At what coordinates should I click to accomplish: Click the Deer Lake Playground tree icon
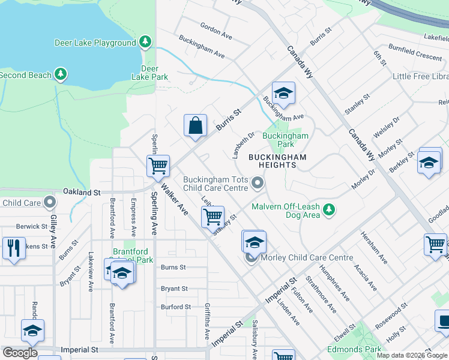pos(145,42)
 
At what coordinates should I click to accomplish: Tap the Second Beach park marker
pos(60,74)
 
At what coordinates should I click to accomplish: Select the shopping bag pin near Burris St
pos(195,127)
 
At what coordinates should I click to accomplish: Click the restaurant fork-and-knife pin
pos(13,247)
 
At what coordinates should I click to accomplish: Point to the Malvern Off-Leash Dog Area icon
pos(328,209)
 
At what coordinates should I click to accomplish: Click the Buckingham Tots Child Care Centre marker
pos(258,182)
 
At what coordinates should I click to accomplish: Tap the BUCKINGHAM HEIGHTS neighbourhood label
pos(278,161)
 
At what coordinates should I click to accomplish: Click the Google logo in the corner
pos(20,353)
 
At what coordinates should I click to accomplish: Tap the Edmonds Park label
pos(354,349)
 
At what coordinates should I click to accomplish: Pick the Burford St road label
pos(175,307)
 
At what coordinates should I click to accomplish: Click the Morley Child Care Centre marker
pos(251,258)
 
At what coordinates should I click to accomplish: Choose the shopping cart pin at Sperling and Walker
pos(158,165)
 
